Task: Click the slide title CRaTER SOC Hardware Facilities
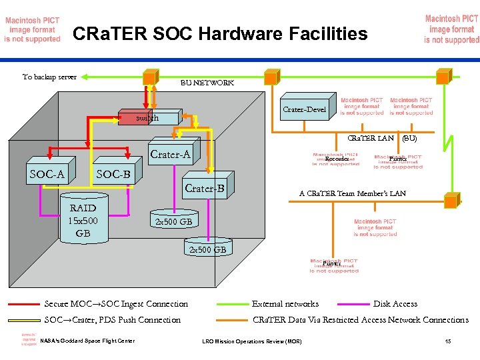click(219, 33)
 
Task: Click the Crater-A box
click(171, 155)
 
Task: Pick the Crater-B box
click(205, 189)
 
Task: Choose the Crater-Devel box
click(304, 109)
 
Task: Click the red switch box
click(147, 118)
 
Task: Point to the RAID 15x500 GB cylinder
click(83, 220)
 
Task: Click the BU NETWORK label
click(207, 83)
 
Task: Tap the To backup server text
click(49, 77)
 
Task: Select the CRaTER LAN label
click(371, 139)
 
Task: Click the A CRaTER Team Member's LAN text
click(352, 193)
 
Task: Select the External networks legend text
click(285, 304)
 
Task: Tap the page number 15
click(448, 342)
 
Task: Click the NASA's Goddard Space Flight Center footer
click(87, 341)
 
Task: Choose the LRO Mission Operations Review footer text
click(251, 342)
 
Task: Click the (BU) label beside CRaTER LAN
click(409, 139)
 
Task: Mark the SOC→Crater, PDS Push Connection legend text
click(112, 320)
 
